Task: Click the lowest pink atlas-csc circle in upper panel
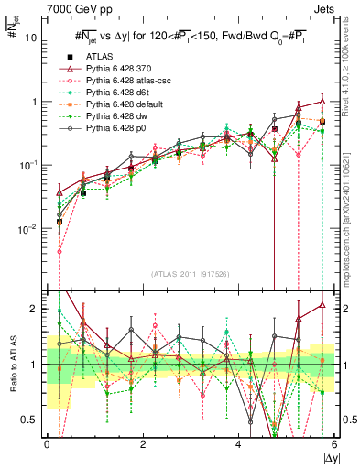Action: [60, 251]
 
